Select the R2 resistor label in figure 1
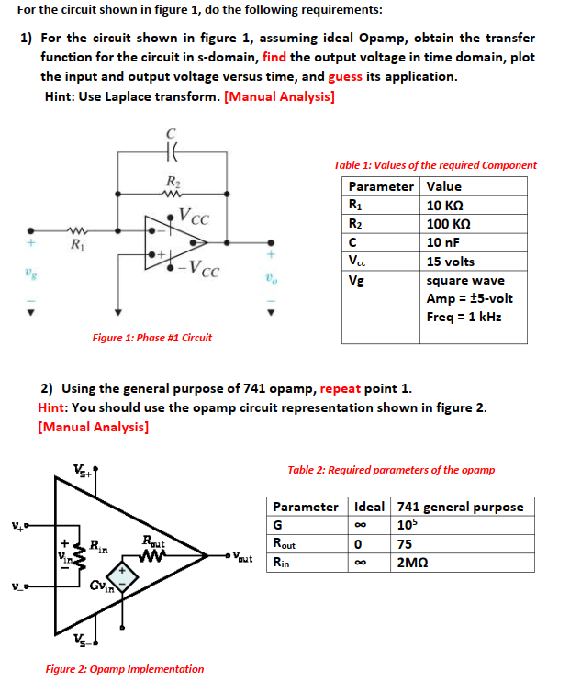[x=171, y=181]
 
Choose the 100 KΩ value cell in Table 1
[x=450, y=223]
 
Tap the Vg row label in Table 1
[x=355, y=281]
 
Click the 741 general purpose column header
[x=460, y=507]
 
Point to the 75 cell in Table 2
[x=405, y=543]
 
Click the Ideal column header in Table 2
[x=369, y=507]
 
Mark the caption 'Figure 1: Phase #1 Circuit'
[x=151, y=338]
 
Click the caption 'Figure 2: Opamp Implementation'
[x=125, y=669]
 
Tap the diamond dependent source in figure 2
[x=126, y=575]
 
